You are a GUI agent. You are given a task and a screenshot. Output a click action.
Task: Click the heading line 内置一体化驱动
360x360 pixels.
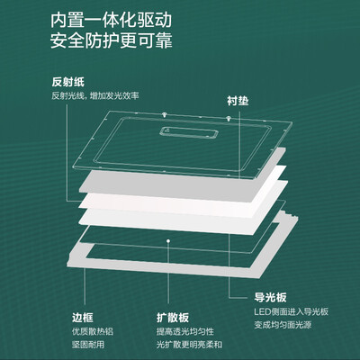[112, 20]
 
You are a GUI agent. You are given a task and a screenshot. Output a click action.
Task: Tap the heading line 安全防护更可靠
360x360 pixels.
[112, 40]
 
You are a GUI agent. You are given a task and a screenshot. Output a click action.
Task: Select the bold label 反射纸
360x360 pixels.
[68, 82]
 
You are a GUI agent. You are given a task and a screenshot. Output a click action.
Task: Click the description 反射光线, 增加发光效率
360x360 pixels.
[95, 96]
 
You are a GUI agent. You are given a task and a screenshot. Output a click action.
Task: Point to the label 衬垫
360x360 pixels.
[238, 101]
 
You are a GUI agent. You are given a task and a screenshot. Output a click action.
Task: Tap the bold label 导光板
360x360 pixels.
[270, 297]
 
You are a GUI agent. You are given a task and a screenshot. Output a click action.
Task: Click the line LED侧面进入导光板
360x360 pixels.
[292, 311]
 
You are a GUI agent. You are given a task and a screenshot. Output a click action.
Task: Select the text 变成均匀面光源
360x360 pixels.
[283, 325]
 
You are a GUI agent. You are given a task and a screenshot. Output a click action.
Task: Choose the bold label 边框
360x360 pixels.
[83, 318]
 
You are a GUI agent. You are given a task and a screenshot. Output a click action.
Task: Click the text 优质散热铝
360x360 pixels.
[93, 331]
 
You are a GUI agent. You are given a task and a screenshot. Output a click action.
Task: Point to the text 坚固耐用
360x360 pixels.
[88, 345]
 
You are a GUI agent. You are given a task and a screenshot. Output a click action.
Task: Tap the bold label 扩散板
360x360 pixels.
[173, 318]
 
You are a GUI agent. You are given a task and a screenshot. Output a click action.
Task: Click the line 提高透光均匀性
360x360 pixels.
[185, 331]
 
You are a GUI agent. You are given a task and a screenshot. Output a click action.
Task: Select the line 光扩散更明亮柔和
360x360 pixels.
[189, 345]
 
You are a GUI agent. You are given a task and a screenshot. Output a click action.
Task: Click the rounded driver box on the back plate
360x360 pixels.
[188, 133]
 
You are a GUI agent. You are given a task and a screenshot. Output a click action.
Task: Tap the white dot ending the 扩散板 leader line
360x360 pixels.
[168, 240]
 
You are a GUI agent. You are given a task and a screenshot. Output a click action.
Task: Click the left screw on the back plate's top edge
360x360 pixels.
[164, 114]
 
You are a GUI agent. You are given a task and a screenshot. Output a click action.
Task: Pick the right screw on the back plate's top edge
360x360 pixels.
[229, 119]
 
